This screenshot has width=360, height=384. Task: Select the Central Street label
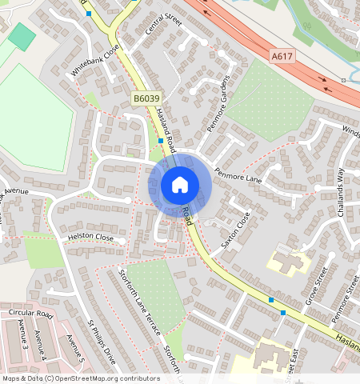coord(165,30)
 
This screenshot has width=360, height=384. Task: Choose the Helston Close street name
coord(90,238)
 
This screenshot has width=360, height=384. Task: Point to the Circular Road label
coord(30,314)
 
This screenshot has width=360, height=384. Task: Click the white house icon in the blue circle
coord(180,186)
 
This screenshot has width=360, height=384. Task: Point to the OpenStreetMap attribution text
coord(81,378)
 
